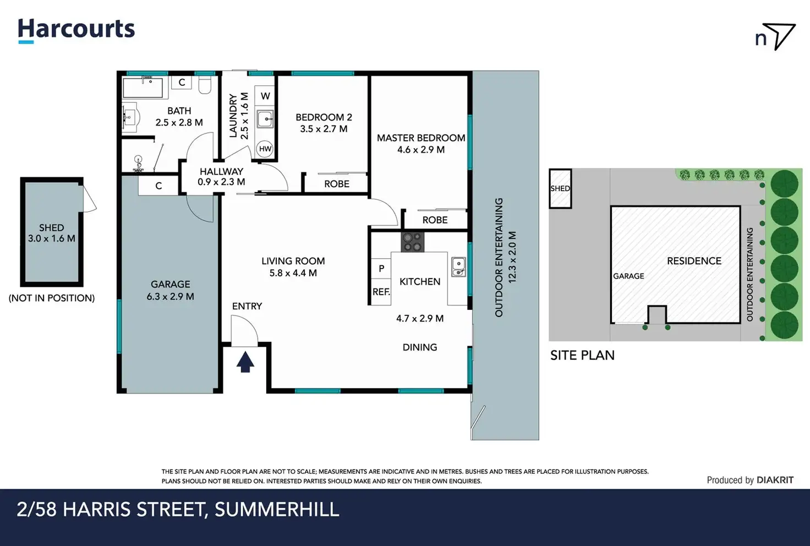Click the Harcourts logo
76,31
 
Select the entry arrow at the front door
245,362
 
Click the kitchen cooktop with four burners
412,242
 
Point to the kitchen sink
458,267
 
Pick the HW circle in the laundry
265,149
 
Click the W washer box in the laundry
265,96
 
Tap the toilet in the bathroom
205,85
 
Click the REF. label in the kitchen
381,292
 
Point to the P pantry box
381,269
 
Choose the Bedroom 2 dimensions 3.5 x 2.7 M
324,129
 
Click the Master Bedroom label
421,138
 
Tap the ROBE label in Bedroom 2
337,184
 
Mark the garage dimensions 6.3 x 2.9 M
171,297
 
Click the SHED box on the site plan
560,188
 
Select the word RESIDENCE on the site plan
694,261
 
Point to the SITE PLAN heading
582,356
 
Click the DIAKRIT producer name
775,480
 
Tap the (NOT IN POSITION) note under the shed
52,298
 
